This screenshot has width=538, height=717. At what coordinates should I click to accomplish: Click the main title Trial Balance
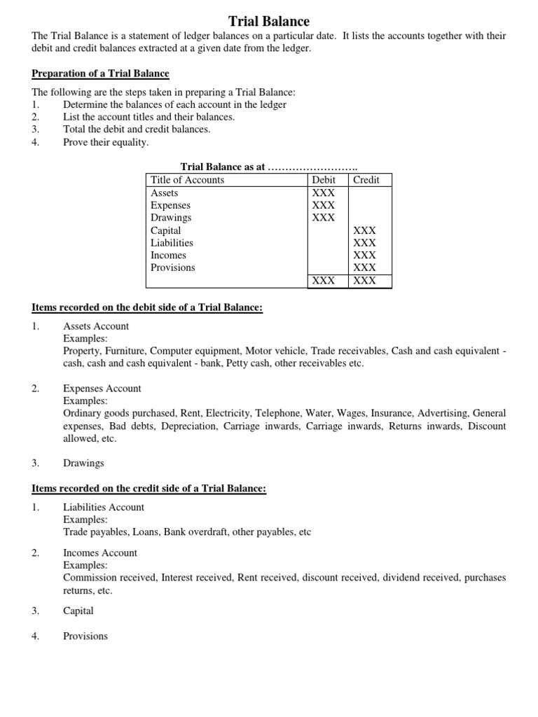[x=269, y=22]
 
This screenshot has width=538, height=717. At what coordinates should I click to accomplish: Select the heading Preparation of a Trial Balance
[x=100, y=74]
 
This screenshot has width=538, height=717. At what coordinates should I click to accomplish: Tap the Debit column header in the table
[x=324, y=180]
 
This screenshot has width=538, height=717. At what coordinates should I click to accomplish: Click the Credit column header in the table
[x=366, y=180]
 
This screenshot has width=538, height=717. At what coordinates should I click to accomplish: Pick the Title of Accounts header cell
[x=187, y=180]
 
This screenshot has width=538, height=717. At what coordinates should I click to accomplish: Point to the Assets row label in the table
[x=165, y=193]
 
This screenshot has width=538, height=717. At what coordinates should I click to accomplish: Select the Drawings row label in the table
[x=170, y=218]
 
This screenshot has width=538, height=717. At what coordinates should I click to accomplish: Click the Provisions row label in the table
[x=173, y=267]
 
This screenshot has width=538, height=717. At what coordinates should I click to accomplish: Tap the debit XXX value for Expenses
[x=324, y=205]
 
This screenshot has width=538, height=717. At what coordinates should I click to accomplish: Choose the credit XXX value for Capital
[x=365, y=230]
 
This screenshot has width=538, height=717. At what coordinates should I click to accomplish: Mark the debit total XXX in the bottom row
[x=324, y=281]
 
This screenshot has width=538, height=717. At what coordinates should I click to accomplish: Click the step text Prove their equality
[x=106, y=142]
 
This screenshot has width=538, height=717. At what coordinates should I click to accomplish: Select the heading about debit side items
[x=147, y=307]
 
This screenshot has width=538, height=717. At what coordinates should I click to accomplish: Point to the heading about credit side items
[x=149, y=489]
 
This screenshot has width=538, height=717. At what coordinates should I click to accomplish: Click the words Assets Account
[x=96, y=326]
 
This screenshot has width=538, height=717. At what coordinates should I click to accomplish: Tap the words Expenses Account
[x=102, y=389]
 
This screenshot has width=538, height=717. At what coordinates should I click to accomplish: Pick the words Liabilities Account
[x=104, y=508]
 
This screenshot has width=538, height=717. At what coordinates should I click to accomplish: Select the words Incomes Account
[x=100, y=553]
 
